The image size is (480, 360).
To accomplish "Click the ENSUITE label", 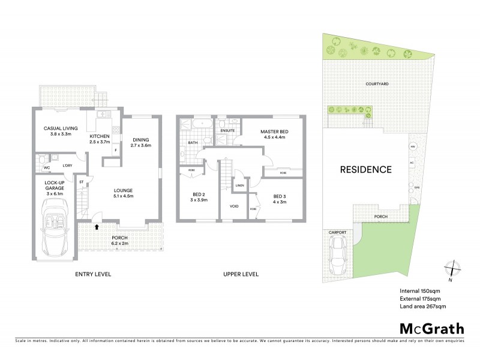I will pyautogui.click(x=227, y=130).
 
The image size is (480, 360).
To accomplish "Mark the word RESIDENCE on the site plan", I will pyautogui.click(x=366, y=169).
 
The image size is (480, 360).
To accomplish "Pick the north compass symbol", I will pyautogui.click(x=452, y=269).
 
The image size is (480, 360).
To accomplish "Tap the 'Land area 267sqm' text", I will pyautogui.click(x=423, y=306).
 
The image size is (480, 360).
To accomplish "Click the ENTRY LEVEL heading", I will pyautogui.click(x=92, y=274).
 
